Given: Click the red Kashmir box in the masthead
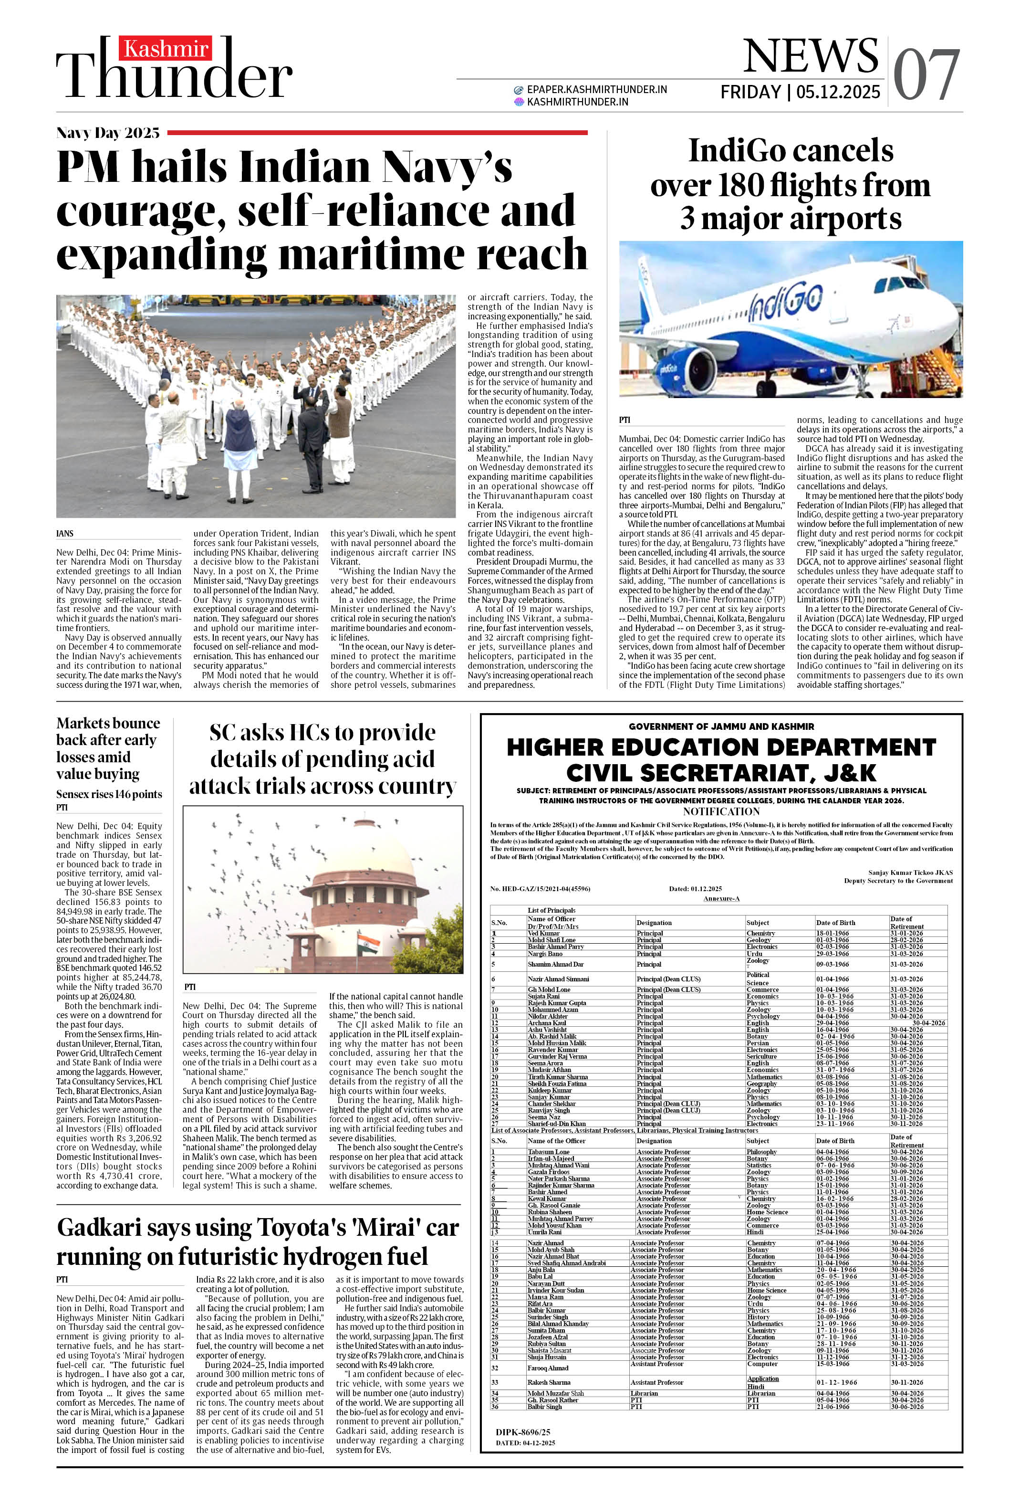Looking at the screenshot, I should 166,49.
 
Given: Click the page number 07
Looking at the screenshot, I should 926,76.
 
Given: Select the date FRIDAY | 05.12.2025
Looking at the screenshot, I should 800,93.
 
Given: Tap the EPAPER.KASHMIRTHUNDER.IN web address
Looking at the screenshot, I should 596,89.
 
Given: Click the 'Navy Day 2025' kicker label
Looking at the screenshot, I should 108,133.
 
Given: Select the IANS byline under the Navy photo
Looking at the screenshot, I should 64,534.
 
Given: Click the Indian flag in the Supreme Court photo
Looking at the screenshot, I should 368,944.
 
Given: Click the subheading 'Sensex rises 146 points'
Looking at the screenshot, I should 109,794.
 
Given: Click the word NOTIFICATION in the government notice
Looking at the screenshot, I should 721,811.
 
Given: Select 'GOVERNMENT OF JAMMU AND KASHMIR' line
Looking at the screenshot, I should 721,726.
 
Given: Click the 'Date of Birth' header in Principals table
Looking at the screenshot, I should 835,923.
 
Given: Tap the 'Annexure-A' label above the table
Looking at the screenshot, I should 721,898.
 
